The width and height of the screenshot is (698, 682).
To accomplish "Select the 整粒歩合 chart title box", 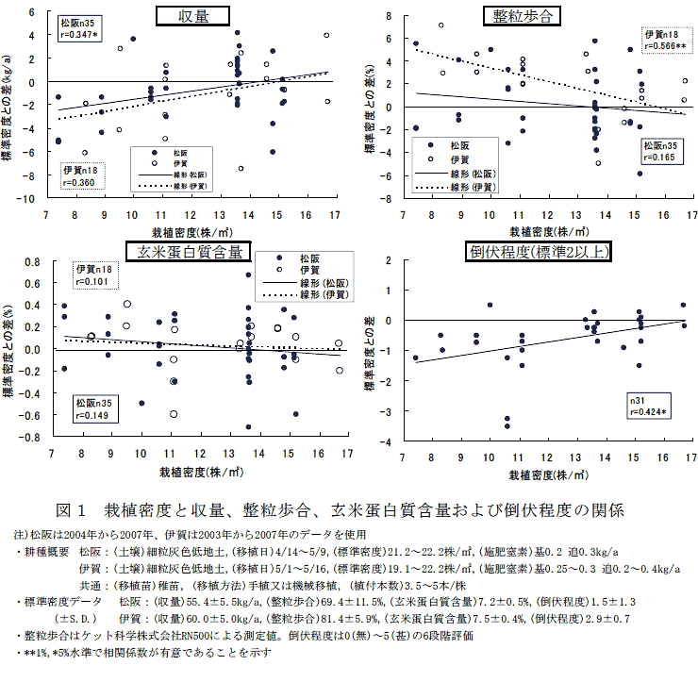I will pos(525,16).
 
